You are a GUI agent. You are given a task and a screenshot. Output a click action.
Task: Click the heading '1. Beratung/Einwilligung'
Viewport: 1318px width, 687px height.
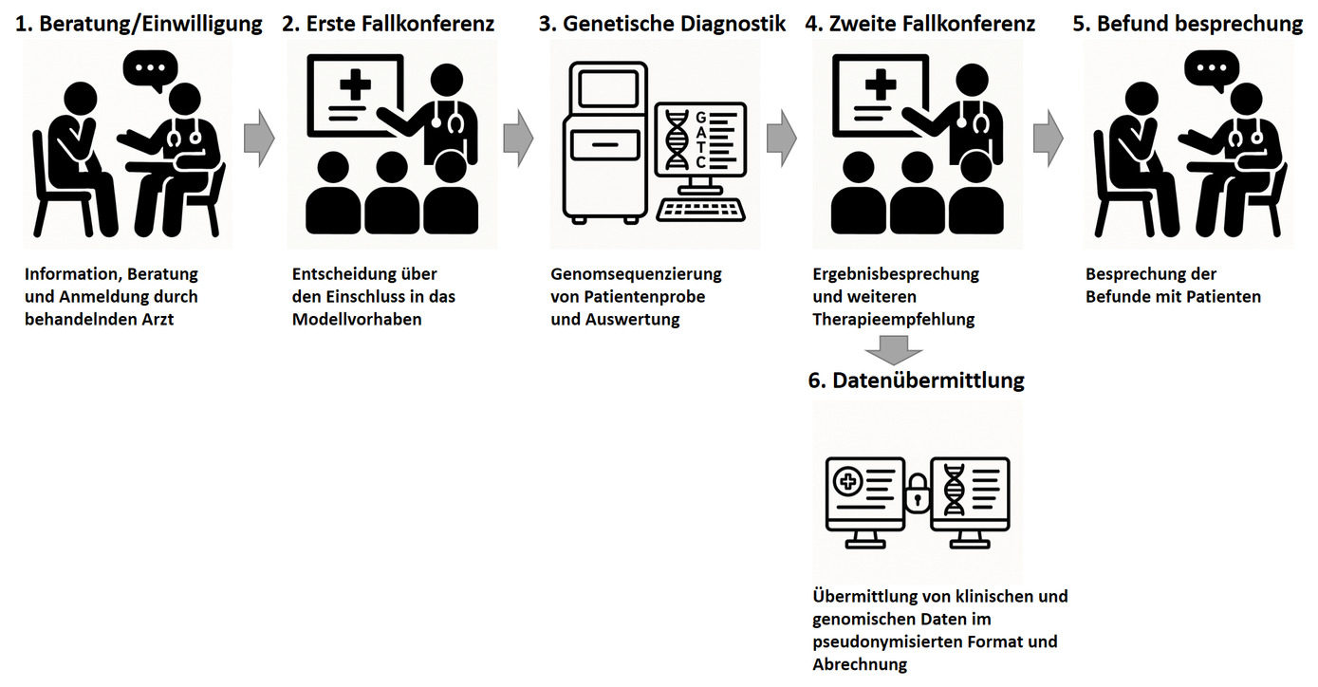click(x=139, y=24)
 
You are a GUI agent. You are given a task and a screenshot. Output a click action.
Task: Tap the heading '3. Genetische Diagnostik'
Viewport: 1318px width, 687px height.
click(x=662, y=24)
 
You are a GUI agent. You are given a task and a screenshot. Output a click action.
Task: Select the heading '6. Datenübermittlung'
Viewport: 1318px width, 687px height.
click(x=916, y=381)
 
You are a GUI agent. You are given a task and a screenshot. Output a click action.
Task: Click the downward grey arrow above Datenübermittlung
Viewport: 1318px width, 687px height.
click(x=894, y=350)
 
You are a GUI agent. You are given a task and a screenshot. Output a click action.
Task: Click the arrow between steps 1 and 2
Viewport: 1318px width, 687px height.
click(x=259, y=139)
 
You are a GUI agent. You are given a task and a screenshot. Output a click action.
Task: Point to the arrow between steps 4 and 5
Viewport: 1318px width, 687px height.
click(x=1049, y=139)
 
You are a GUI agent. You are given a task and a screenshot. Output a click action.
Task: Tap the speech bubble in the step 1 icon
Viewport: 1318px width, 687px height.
click(x=151, y=70)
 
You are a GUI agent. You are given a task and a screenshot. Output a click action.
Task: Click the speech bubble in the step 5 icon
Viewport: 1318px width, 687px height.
click(x=1212, y=70)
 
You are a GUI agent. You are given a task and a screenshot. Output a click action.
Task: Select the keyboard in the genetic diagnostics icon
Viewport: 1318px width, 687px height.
click(x=701, y=211)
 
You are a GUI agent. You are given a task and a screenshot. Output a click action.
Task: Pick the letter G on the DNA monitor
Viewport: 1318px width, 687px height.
click(x=701, y=118)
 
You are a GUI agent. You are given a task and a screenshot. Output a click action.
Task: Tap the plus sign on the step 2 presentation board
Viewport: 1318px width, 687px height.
click(x=355, y=84)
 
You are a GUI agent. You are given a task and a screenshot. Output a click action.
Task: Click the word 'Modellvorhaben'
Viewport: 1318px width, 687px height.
click(x=357, y=320)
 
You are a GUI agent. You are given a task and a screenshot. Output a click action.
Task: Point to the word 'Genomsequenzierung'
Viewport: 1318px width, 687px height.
click(x=636, y=274)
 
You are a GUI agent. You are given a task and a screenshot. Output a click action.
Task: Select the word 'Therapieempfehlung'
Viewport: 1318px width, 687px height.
click(x=894, y=320)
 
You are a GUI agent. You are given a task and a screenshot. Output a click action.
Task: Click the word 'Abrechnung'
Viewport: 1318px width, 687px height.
click(x=860, y=664)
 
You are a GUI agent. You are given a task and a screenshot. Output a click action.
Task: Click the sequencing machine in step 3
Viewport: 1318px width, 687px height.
click(x=604, y=143)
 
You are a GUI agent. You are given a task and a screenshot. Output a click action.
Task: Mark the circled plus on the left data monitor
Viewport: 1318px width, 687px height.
click(x=848, y=482)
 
